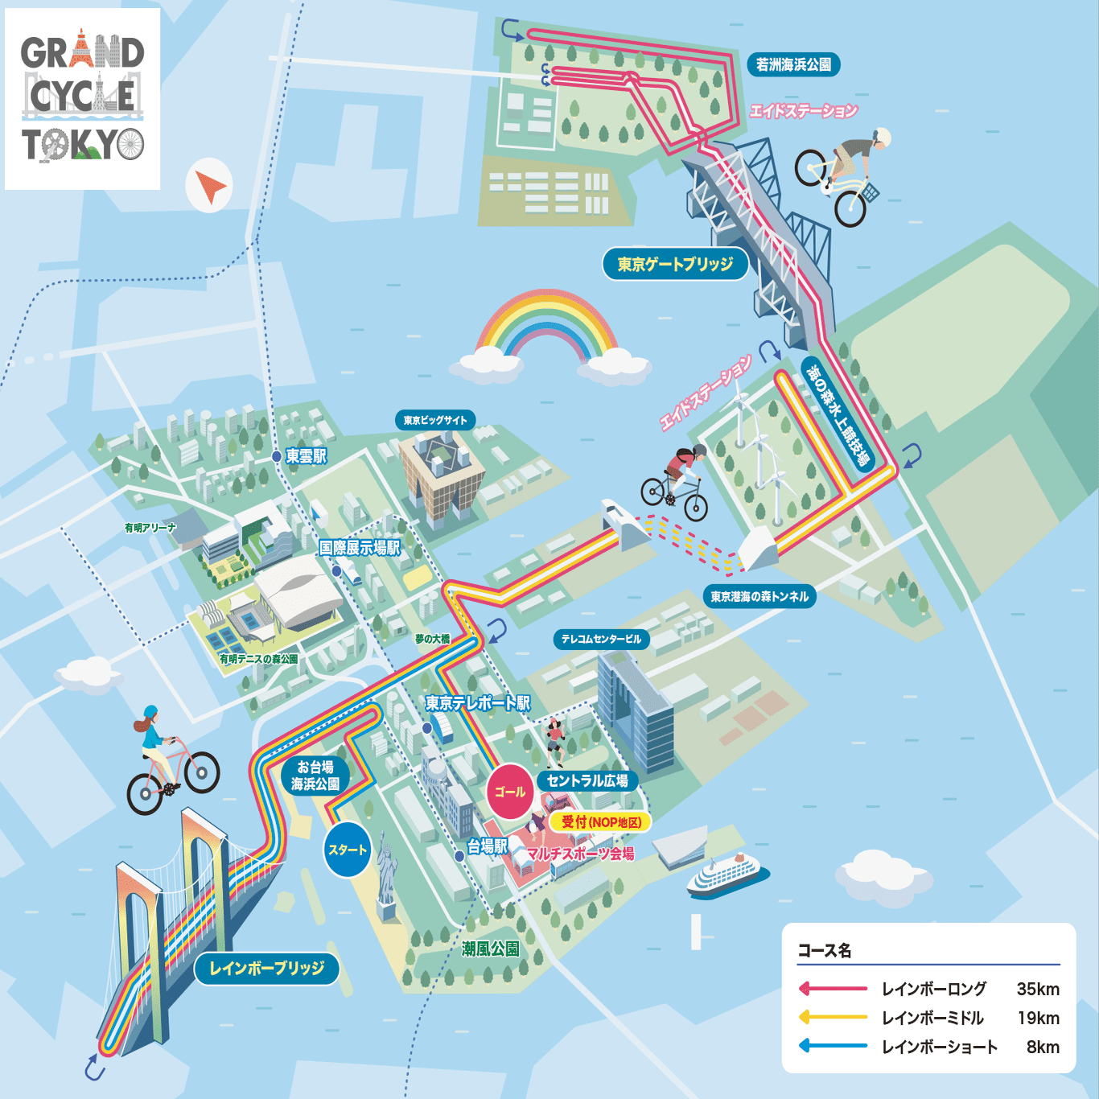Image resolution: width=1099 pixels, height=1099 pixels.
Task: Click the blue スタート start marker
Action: (348, 850)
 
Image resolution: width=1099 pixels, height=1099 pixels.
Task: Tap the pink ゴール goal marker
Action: (510, 792)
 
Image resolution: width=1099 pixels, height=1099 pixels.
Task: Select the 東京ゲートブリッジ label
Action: (675, 264)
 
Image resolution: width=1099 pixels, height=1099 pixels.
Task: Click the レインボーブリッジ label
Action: (266, 968)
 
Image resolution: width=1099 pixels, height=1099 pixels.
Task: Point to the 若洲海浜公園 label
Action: (793, 64)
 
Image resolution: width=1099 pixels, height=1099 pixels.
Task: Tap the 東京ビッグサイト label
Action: (435, 420)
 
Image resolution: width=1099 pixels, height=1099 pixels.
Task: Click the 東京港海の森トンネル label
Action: (759, 596)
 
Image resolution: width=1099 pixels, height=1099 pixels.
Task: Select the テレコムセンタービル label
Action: (601, 639)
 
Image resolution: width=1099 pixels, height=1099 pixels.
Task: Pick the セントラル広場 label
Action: (587, 780)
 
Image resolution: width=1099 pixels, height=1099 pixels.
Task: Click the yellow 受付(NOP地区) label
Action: (602, 821)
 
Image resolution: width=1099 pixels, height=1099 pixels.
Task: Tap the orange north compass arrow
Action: (211, 187)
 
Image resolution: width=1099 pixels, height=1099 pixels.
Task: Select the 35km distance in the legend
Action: (1038, 989)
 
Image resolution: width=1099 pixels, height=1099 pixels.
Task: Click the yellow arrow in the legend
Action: (832, 1018)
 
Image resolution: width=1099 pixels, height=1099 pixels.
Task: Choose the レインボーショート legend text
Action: (940, 1047)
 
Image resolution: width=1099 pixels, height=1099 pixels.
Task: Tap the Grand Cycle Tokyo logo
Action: (83, 99)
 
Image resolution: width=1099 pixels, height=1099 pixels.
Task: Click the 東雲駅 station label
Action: (306, 456)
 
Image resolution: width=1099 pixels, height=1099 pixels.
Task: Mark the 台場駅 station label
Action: (488, 846)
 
